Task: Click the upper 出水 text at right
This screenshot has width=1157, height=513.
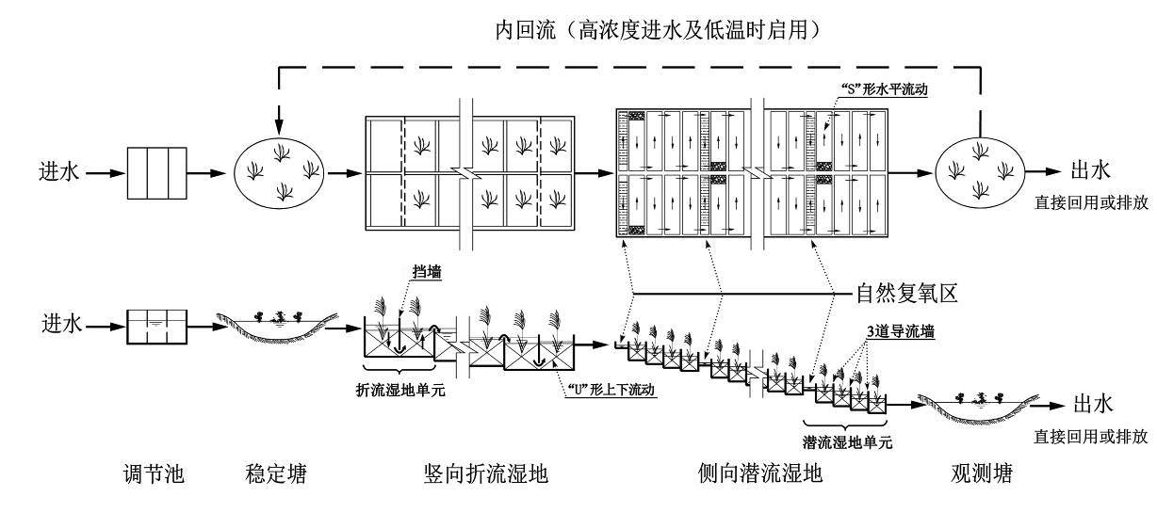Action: point(1092,170)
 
